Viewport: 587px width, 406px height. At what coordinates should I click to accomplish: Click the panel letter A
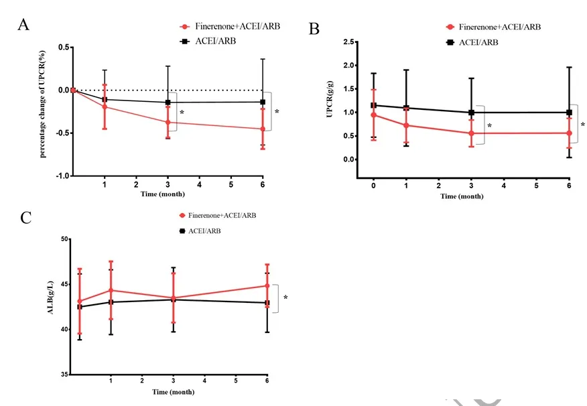pyautogui.click(x=23, y=25)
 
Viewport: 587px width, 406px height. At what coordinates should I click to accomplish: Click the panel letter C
pyautogui.click(x=25, y=218)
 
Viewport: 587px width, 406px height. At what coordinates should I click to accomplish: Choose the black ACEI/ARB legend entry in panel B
pyautogui.click(x=472, y=42)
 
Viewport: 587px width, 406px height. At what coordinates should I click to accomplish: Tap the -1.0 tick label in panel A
pyautogui.click(x=61, y=176)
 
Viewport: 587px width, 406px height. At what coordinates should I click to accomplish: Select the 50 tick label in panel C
pyautogui.click(x=65, y=239)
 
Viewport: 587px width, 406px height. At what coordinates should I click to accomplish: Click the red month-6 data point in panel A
pyautogui.click(x=263, y=129)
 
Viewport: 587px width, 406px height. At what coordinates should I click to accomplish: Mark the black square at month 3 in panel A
pyautogui.click(x=168, y=103)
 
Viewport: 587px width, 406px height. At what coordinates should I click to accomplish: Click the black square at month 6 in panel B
pyautogui.click(x=569, y=113)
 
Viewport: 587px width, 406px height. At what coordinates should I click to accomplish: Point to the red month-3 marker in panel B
pyautogui.click(x=471, y=133)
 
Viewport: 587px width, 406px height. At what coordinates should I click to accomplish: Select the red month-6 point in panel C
pyautogui.click(x=267, y=286)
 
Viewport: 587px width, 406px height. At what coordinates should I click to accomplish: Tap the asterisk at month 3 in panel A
pyautogui.click(x=182, y=113)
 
